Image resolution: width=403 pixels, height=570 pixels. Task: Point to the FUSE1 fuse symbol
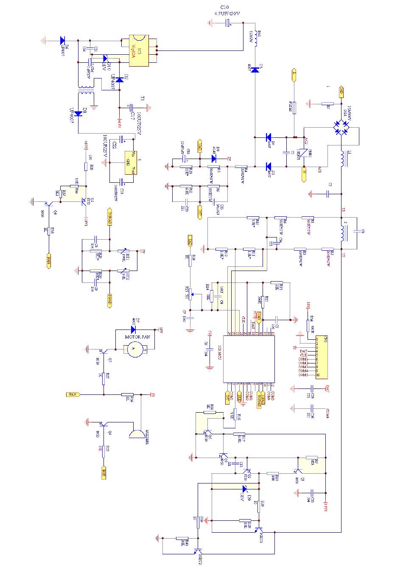[294, 108]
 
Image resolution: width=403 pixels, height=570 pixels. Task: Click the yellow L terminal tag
[294, 75]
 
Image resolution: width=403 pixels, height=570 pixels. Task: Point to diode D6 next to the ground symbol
[63, 41]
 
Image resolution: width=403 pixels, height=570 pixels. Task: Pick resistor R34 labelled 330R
[308, 325]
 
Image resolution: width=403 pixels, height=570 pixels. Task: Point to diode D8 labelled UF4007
[78, 113]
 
